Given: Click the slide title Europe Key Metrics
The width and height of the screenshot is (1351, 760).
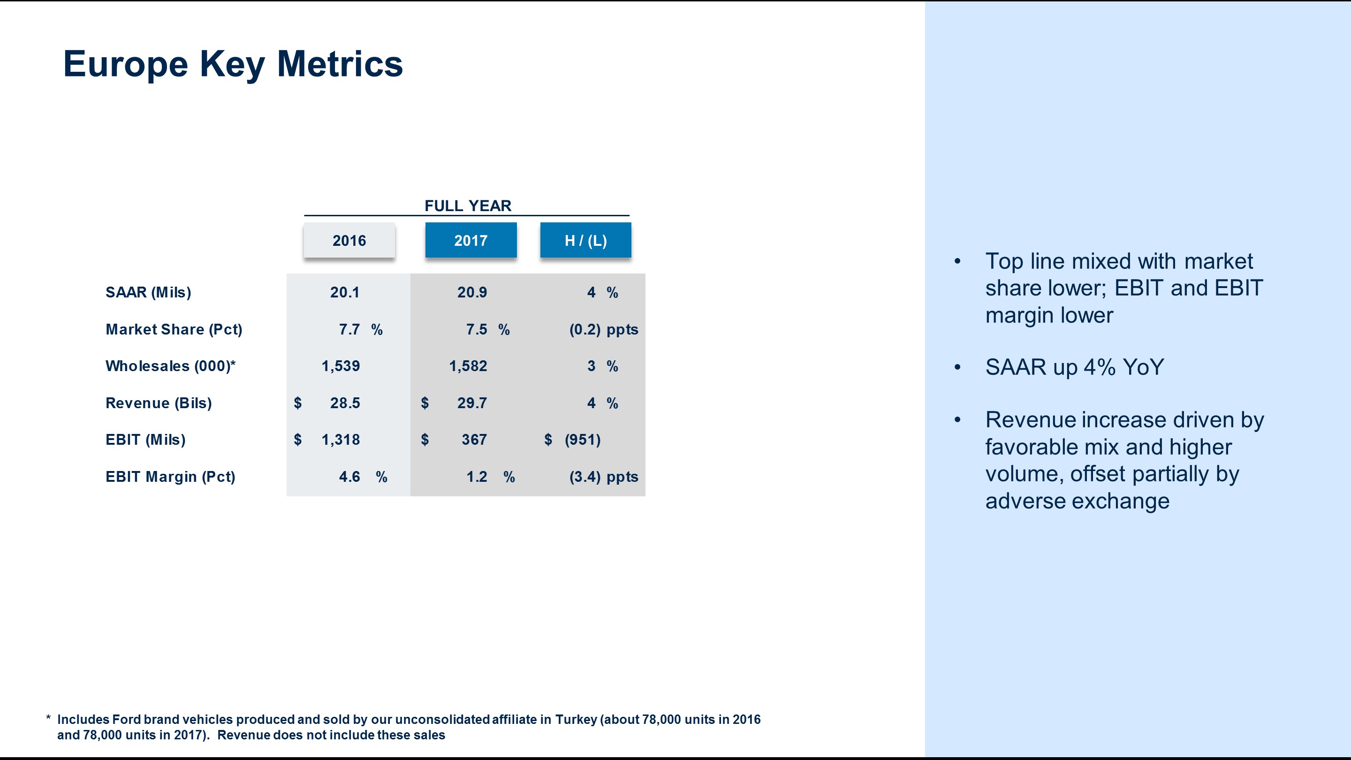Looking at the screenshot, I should (x=233, y=64).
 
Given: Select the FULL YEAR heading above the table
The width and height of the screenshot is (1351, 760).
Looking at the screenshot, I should (x=467, y=205).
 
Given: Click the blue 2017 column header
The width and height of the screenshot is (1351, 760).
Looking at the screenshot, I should (x=471, y=240).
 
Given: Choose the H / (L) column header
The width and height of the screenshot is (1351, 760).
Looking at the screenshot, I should (x=585, y=240).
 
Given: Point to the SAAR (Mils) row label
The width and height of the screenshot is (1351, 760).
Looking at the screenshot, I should (x=148, y=292).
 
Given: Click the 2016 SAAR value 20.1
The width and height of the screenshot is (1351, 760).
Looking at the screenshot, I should (x=345, y=292).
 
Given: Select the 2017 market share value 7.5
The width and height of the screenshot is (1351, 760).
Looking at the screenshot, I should (x=476, y=329).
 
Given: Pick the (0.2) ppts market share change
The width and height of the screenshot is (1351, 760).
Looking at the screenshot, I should (x=603, y=329).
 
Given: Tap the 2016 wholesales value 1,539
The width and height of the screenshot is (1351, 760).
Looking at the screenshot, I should (x=341, y=366).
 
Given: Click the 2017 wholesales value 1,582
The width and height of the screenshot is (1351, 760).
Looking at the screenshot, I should (x=468, y=366).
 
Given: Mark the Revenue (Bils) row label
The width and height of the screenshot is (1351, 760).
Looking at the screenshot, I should (x=159, y=403).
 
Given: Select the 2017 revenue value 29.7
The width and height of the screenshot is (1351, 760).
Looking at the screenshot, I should (x=471, y=403).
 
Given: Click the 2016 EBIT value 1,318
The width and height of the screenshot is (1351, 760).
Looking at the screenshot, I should (x=341, y=440).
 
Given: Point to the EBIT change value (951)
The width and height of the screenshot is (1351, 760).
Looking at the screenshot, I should (x=582, y=440).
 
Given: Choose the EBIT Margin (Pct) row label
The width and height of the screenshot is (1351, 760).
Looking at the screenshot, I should (x=170, y=477).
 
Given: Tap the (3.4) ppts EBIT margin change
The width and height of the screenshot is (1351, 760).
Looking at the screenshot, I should (x=603, y=477).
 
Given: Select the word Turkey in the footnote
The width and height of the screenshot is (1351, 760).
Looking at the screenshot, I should (x=576, y=720).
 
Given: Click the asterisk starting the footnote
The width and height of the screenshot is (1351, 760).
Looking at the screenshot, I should (x=48, y=718).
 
